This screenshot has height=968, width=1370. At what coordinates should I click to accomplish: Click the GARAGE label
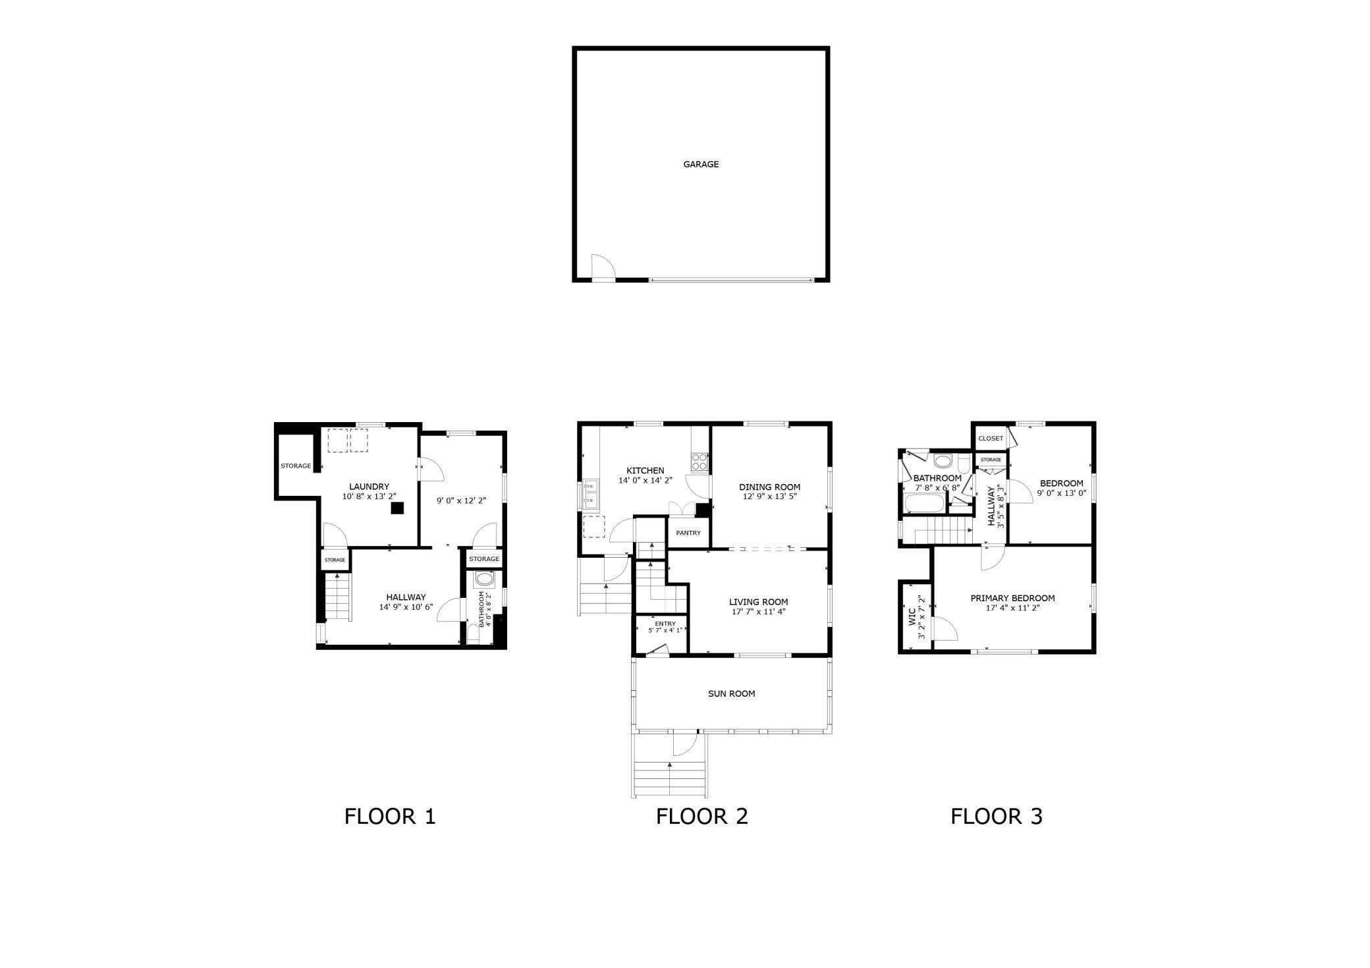700,164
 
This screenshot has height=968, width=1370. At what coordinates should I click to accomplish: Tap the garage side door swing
602,267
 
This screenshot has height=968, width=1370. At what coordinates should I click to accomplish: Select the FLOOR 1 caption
390,817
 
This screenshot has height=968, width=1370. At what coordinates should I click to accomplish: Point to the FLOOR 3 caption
996,817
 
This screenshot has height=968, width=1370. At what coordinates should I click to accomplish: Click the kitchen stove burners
699,462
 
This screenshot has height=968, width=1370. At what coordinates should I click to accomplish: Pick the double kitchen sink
590,494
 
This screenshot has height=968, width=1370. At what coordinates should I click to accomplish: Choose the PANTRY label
688,533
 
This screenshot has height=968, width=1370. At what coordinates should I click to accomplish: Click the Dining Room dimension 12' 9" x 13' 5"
769,497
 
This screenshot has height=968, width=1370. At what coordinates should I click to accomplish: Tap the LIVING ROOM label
758,601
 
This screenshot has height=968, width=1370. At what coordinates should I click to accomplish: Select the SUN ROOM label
731,693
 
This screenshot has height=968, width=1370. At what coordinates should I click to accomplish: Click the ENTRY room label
665,624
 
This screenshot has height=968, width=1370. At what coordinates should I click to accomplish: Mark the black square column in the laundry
397,508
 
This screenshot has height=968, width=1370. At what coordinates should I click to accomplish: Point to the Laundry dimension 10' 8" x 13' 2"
369,497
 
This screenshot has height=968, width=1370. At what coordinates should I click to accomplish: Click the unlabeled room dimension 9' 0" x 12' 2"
461,500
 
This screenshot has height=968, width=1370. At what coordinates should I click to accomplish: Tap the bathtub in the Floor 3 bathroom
925,504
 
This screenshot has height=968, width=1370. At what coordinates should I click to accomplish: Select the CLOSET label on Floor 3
991,438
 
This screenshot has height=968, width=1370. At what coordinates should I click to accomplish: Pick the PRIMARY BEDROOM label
1012,598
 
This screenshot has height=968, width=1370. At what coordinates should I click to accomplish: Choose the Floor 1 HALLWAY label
406,597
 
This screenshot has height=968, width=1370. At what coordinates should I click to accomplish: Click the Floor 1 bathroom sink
484,579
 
